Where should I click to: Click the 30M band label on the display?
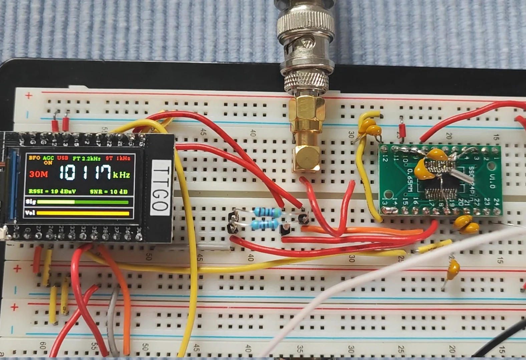click(38, 174)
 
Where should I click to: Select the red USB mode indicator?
click(62, 158)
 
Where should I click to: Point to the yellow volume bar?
click(83, 213)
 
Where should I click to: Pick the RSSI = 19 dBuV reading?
click(52, 191)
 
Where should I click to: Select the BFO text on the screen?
click(34, 158)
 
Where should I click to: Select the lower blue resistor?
click(265, 224)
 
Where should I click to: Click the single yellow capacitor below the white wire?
click(453, 270)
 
